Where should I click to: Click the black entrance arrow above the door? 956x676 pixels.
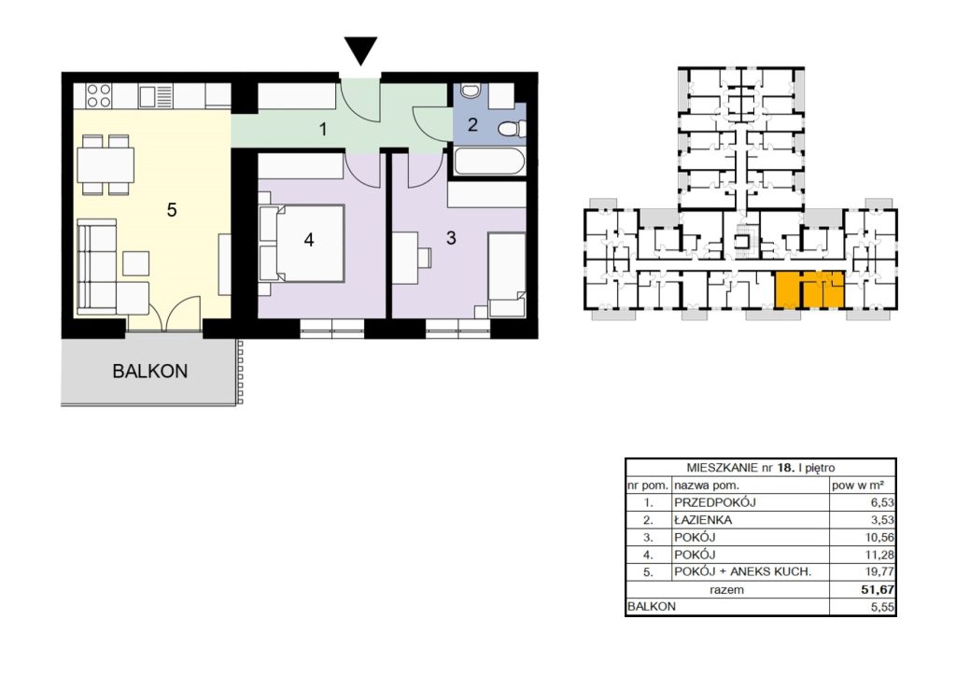(x=360, y=49)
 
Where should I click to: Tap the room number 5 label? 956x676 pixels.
(x=172, y=210)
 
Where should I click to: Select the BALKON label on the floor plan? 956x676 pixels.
(x=150, y=372)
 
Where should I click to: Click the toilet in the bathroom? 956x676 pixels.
(x=512, y=129)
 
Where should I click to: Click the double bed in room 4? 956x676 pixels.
(x=302, y=243)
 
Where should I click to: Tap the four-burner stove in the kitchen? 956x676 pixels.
(x=99, y=95)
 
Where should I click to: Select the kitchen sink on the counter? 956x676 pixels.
(x=156, y=96)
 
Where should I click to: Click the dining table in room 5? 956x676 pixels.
(x=105, y=164)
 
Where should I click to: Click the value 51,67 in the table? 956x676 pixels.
(x=878, y=589)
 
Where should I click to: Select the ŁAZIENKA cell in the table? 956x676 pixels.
(x=703, y=520)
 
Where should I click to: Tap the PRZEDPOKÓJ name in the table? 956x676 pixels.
(x=714, y=502)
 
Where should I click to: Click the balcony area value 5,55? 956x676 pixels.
(x=883, y=607)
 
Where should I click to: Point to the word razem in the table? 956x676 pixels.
(x=726, y=589)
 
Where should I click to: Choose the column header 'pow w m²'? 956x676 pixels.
(x=858, y=486)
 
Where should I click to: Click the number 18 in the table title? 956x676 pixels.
(x=784, y=468)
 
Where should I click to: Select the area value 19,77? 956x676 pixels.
(x=879, y=571)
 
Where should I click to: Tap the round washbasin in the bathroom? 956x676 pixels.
(x=470, y=92)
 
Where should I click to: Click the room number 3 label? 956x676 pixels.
(x=451, y=238)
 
